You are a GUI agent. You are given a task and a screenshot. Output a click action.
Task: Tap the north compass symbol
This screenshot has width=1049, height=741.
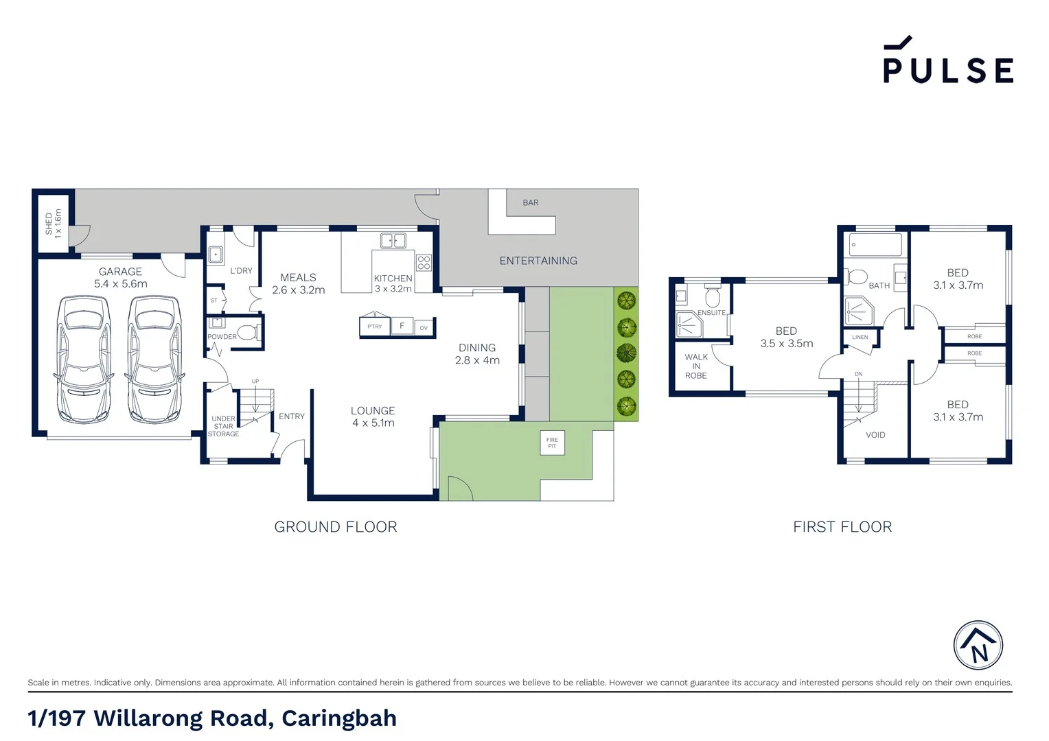click(978, 646)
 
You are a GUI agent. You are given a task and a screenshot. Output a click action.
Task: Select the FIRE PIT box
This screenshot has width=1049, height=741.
click(552, 443)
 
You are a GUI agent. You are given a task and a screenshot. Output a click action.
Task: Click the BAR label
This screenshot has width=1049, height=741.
click(531, 203)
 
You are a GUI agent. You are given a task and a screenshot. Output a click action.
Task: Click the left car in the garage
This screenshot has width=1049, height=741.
click(84, 358)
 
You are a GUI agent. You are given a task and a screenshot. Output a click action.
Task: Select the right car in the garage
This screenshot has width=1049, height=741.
click(154, 358)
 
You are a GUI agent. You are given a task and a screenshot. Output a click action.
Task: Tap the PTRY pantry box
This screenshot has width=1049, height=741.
click(375, 327)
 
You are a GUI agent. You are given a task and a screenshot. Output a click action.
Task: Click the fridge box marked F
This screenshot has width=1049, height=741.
click(402, 326)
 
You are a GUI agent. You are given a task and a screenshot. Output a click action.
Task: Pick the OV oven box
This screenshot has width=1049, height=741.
click(424, 328)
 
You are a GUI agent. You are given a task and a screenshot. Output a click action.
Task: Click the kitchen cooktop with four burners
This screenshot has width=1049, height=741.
click(424, 262)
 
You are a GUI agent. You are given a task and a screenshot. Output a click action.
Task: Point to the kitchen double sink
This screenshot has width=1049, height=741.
click(393, 240)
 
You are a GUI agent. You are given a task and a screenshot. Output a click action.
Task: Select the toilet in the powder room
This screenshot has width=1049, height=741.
click(247, 333)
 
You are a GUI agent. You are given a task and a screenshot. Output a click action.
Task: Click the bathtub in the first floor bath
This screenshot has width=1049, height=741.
click(875, 245)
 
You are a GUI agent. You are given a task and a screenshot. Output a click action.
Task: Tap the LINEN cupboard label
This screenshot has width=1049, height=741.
click(860, 338)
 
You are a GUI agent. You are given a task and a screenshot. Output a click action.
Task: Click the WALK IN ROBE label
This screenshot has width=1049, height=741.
click(696, 366)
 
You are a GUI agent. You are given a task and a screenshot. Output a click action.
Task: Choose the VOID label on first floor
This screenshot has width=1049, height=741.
click(875, 435)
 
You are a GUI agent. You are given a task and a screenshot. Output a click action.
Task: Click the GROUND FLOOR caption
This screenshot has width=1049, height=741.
click(336, 527)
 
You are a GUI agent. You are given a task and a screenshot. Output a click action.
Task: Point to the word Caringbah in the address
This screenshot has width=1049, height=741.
click(339, 718)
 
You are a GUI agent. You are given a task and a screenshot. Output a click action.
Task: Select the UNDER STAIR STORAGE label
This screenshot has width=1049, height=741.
click(224, 426)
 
